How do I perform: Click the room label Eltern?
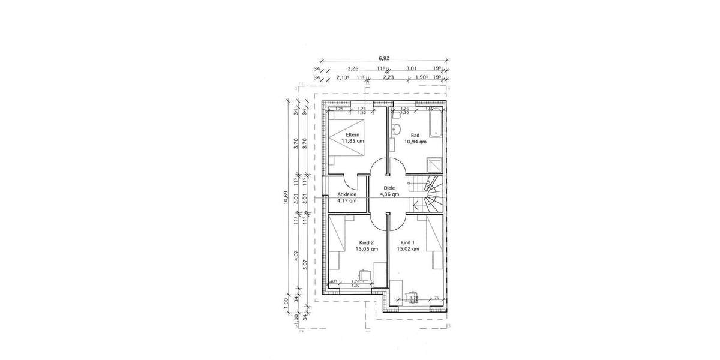click(x=352, y=134)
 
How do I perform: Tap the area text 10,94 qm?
click(x=415, y=142)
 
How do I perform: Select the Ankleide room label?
click(x=347, y=194)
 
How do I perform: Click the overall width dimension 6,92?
click(x=384, y=59)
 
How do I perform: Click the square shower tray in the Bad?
click(x=434, y=164)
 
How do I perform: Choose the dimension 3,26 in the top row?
click(x=353, y=68)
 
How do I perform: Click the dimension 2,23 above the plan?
click(x=389, y=77)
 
